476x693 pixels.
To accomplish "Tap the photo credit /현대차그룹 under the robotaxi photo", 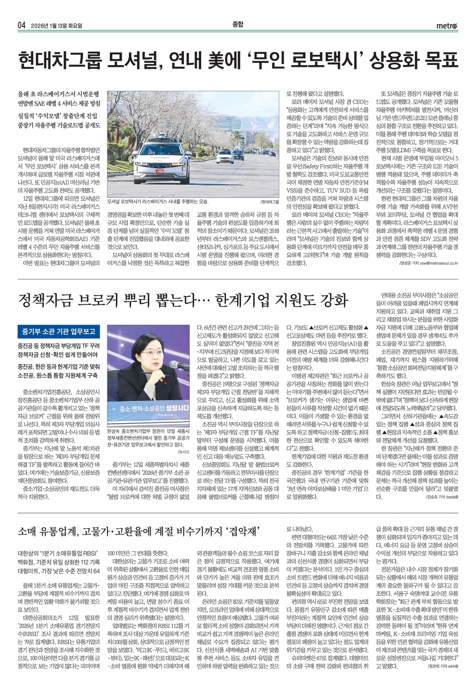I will (270, 202).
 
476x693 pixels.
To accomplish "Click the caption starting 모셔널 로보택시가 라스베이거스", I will (158, 202).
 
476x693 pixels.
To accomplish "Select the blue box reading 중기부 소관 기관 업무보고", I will (58, 332).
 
